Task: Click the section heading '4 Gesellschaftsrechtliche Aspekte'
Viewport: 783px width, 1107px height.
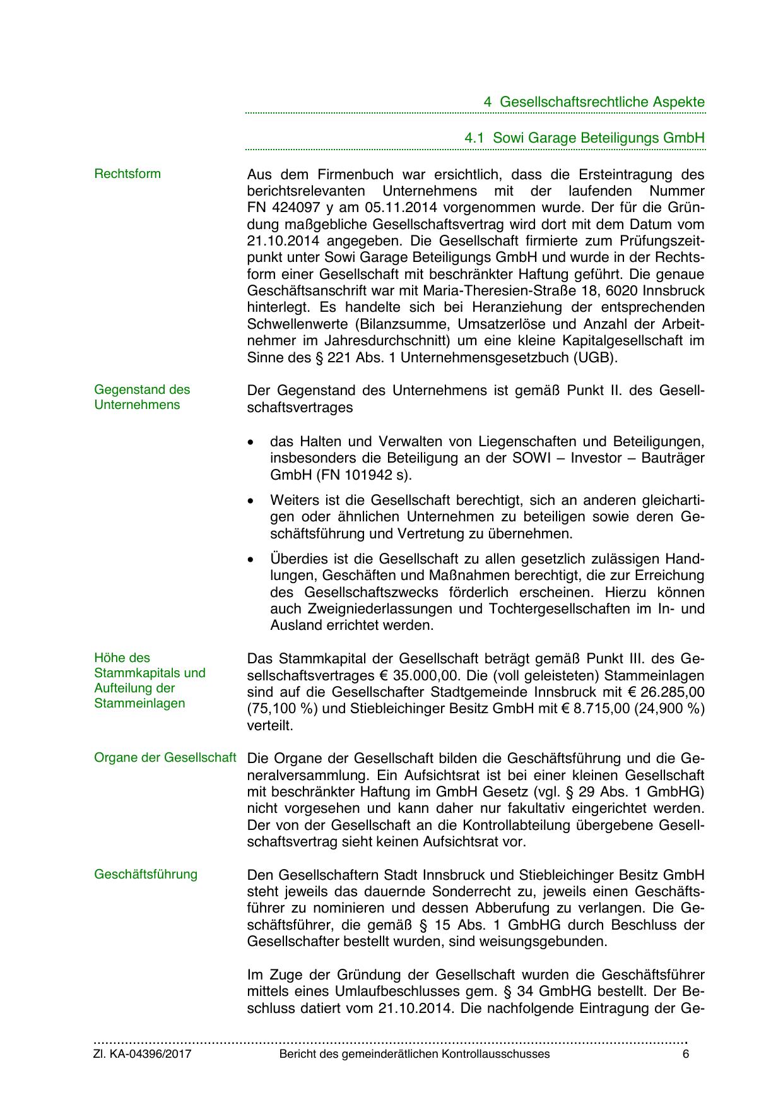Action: [594, 102]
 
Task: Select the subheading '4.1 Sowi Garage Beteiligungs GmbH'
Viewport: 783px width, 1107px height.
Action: [584, 138]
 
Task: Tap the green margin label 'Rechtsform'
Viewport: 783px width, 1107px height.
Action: [127, 174]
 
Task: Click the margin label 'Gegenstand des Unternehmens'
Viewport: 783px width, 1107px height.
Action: [142, 397]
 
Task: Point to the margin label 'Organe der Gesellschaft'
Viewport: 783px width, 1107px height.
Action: [165, 757]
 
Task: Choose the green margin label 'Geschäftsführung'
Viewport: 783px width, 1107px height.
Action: [146, 874]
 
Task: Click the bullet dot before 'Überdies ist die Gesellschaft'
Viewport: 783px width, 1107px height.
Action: [252, 560]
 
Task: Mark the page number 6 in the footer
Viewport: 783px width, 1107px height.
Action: [685, 1054]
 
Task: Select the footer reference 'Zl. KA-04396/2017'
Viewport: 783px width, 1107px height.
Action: [143, 1054]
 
